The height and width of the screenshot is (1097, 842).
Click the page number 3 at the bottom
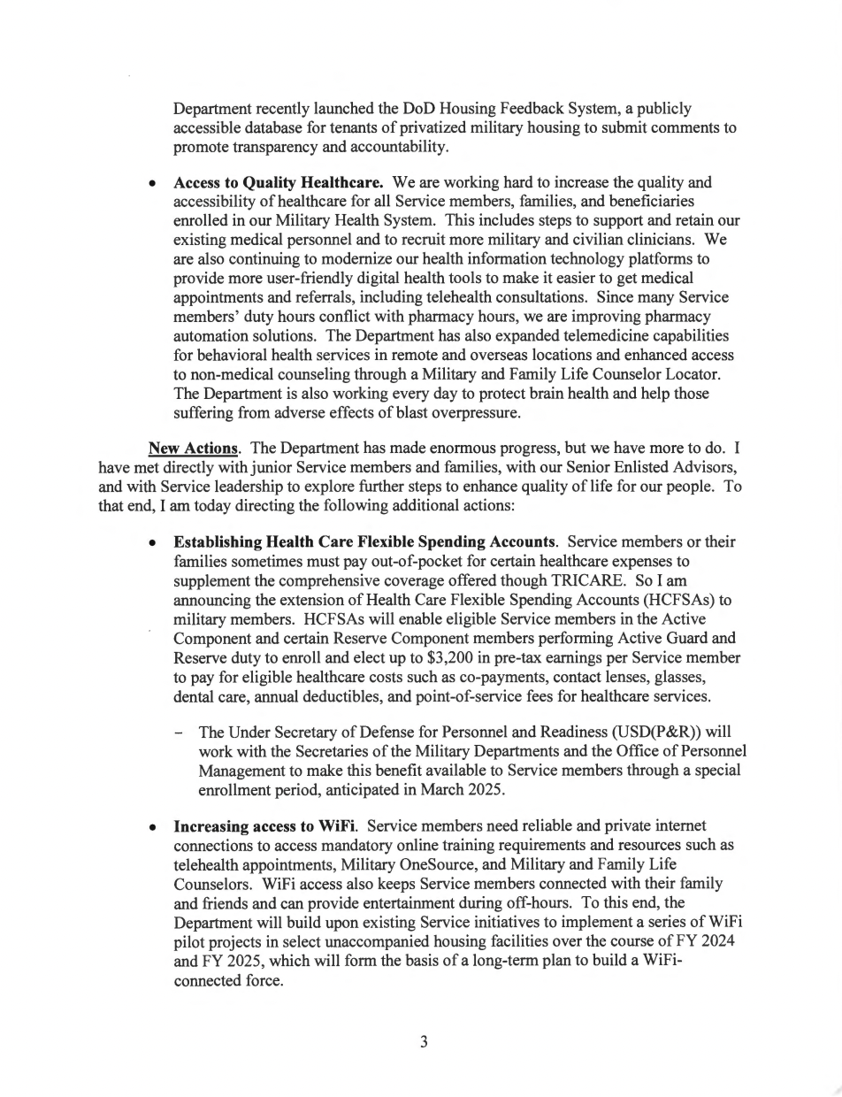tap(424, 1041)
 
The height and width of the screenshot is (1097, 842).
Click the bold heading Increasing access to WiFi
tap(265, 826)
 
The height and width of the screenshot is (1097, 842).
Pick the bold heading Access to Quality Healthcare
tap(278, 183)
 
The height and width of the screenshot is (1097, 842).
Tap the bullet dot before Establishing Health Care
tap(153, 541)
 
